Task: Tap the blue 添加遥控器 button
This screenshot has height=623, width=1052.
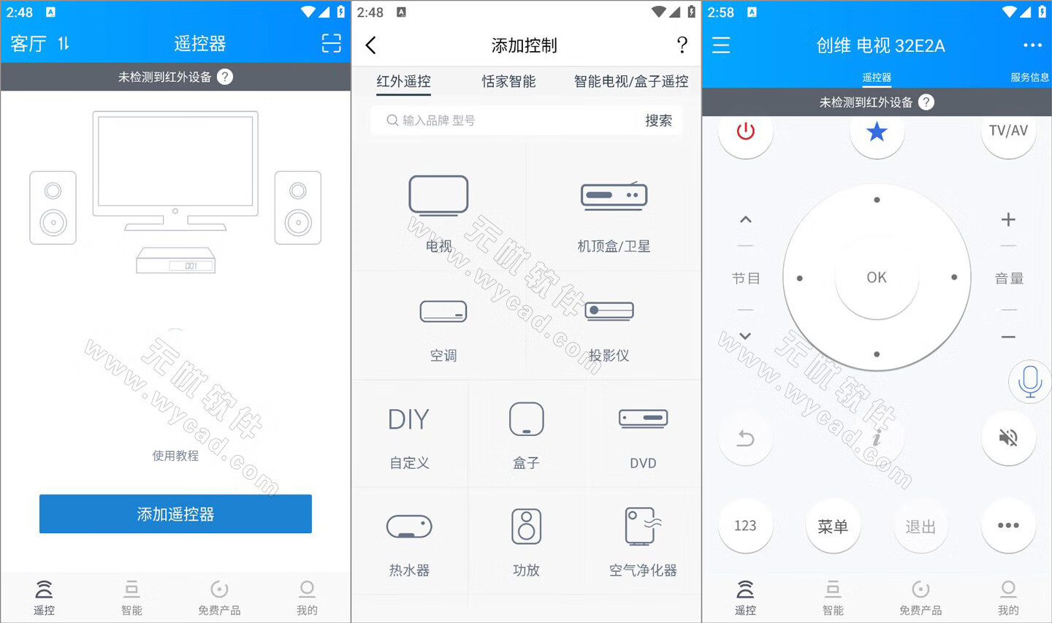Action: point(175,514)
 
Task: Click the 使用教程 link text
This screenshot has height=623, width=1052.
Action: point(175,456)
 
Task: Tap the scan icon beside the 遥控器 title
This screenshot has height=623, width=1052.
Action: point(331,44)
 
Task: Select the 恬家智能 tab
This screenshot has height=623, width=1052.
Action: point(508,81)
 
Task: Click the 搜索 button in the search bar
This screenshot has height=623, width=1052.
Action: point(657,121)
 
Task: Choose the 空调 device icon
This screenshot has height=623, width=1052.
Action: point(443,313)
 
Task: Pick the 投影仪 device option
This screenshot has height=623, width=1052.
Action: point(609,313)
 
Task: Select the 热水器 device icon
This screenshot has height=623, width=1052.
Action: point(409,527)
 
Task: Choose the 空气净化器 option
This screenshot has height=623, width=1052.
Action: point(643,527)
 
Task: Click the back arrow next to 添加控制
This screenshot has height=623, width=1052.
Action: point(371,45)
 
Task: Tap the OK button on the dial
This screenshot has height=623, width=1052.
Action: point(877,278)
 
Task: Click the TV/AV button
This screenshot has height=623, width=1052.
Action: point(1008,131)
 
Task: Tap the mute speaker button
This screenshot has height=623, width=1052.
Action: point(1008,437)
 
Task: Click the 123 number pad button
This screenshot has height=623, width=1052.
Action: point(745,526)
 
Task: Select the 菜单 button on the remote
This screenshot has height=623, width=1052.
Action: point(833,526)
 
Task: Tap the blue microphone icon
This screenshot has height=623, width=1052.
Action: point(1029,381)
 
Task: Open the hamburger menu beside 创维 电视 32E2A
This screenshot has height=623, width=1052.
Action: point(721,45)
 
